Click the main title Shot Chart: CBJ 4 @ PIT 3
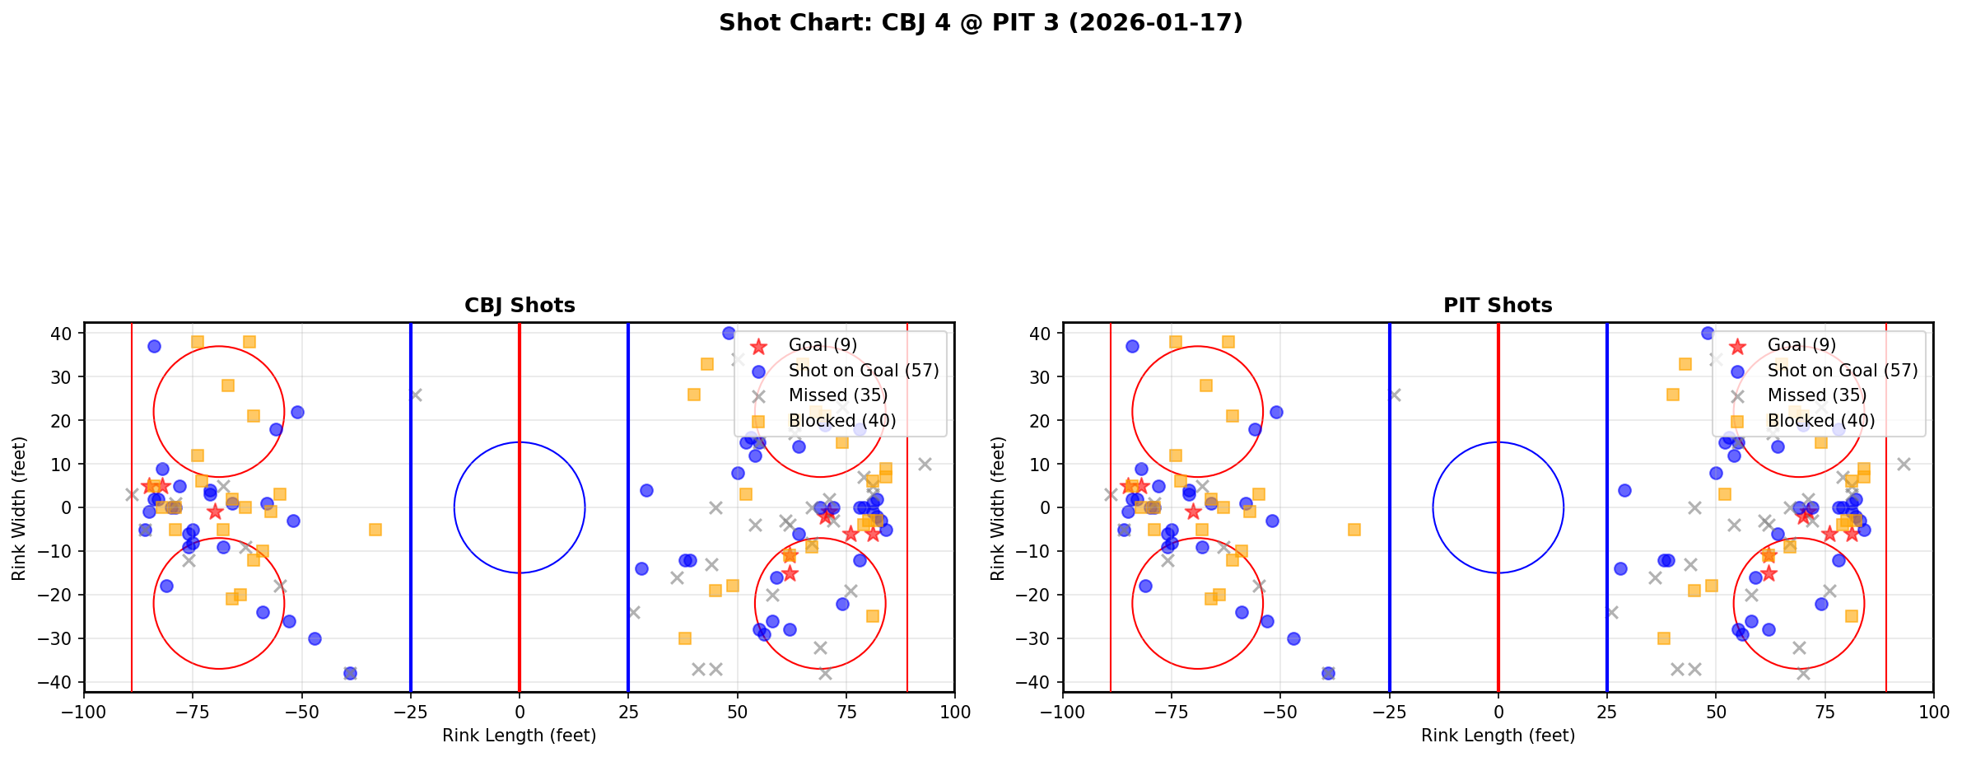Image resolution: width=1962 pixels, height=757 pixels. click(981, 22)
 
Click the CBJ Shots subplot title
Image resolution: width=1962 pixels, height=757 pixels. click(520, 306)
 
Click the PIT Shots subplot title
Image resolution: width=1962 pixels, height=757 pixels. click(1498, 306)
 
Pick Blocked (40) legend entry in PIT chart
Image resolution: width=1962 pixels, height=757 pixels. click(1820, 421)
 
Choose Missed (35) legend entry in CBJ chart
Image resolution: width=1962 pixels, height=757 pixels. click(837, 395)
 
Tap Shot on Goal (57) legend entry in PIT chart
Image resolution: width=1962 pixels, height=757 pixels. click(1842, 371)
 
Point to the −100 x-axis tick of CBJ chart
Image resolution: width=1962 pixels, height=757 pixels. click(85, 712)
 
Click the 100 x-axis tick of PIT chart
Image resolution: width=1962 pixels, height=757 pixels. click(1932, 712)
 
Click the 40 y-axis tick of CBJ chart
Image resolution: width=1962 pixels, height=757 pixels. click(63, 334)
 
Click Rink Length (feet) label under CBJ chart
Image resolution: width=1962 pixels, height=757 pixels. click(520, 736)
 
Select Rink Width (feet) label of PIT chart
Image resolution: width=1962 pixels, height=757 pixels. click(998, 507)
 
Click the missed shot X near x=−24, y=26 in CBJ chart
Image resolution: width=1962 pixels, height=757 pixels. click(415, 395)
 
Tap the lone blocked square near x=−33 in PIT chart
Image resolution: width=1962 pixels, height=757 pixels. click(1354, 530)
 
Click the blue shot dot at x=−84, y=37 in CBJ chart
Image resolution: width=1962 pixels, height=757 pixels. click(154, 346)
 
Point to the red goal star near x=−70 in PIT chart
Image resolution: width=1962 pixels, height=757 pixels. click(1193, 512)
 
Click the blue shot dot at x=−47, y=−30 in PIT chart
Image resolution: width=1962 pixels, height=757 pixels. click(1293, 638)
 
